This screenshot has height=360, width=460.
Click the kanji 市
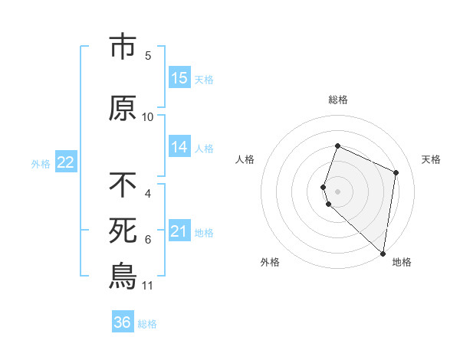click(123, 47)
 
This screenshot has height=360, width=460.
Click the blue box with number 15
click(179, 78)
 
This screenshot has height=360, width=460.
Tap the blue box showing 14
click(179, 147)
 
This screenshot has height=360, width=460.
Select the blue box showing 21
click(179, 231)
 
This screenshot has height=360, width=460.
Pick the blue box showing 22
click(65, 162)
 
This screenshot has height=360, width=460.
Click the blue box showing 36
click(123, 322)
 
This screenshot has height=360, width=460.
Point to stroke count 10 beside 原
click(148, 117)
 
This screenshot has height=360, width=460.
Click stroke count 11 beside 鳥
click(148, 286)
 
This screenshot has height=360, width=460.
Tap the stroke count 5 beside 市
click(148, 56)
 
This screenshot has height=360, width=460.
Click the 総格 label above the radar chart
click(338, 100)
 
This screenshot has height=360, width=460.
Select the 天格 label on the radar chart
click(432, 159)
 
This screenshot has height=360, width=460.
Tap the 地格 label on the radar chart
click(402, 262)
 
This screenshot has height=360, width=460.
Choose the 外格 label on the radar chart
click(270, 262)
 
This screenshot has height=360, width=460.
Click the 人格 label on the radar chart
click(245, 159)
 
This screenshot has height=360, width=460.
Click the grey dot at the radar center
click(338, 190)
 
